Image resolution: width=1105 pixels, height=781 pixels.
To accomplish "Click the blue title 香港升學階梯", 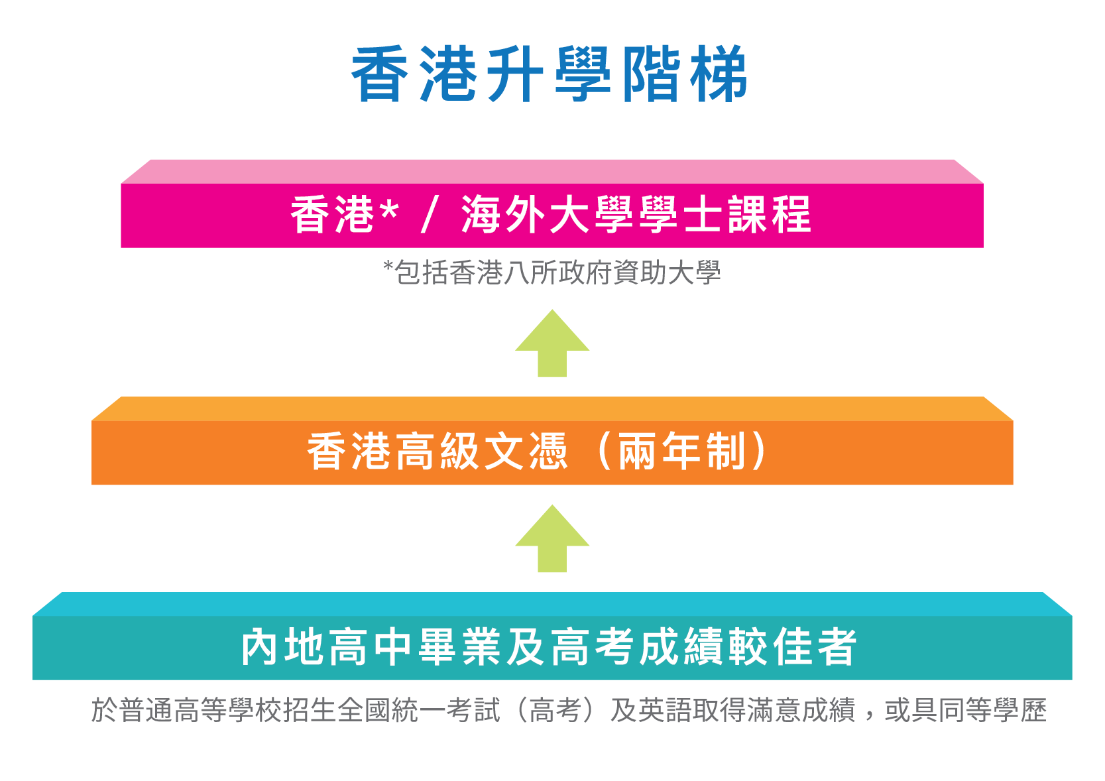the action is point(550,74).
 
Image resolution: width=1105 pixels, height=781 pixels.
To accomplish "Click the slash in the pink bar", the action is point(430,214).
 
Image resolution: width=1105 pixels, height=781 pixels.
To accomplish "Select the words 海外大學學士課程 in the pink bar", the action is point(636,214).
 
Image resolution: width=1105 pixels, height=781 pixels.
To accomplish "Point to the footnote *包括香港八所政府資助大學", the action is point(552,272).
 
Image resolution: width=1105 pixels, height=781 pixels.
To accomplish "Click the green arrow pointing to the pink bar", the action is point(552,343).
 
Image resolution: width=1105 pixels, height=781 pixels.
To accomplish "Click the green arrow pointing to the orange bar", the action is point(552,538).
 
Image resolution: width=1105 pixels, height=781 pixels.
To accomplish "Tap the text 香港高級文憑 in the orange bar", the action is point(437,451).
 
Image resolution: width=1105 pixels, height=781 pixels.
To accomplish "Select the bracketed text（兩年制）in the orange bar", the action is point(681,451).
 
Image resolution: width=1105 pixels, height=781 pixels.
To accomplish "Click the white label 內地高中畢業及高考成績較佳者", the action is point(549,647).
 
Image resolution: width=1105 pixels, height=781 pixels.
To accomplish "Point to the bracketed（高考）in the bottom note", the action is point(555,711).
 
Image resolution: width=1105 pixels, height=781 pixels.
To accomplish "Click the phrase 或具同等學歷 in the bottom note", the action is point(965,711).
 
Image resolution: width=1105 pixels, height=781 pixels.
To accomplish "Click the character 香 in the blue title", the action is point(380,74).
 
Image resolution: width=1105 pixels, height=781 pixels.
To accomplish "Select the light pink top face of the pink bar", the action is point(552,172).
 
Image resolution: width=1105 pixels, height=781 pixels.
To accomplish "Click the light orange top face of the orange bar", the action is point(552,408).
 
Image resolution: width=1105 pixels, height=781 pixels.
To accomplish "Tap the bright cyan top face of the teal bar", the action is point(552,604).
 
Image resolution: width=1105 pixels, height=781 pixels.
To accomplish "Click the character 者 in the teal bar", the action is point(837,647).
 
